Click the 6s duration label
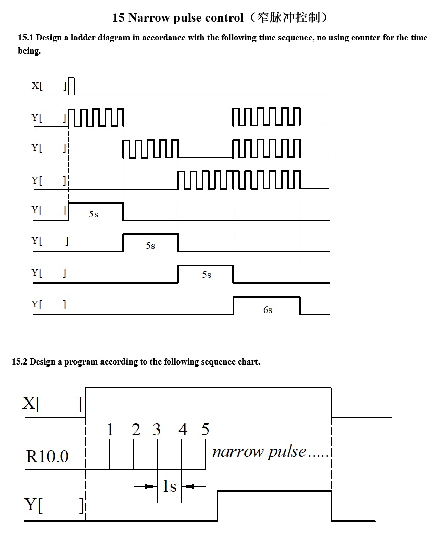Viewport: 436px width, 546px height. (268, 310)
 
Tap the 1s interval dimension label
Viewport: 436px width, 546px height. (169, 487)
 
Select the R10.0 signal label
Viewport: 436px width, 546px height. (47, 456)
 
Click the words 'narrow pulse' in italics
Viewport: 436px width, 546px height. (259, 452)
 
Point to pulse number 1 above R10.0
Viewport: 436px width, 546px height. (110, 430)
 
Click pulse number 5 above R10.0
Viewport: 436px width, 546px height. (205, 430)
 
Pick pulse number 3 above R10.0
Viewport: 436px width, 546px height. (157, 430)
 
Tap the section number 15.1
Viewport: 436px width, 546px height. (25, 38)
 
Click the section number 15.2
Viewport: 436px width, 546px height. (19, 362)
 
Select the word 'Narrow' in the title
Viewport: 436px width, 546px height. (147, 18)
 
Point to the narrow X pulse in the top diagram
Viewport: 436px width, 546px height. (71, 86)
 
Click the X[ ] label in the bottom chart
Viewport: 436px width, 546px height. (52, 404)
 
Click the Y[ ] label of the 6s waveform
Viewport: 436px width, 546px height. (48, 305)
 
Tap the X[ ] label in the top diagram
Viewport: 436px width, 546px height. (49, 86)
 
